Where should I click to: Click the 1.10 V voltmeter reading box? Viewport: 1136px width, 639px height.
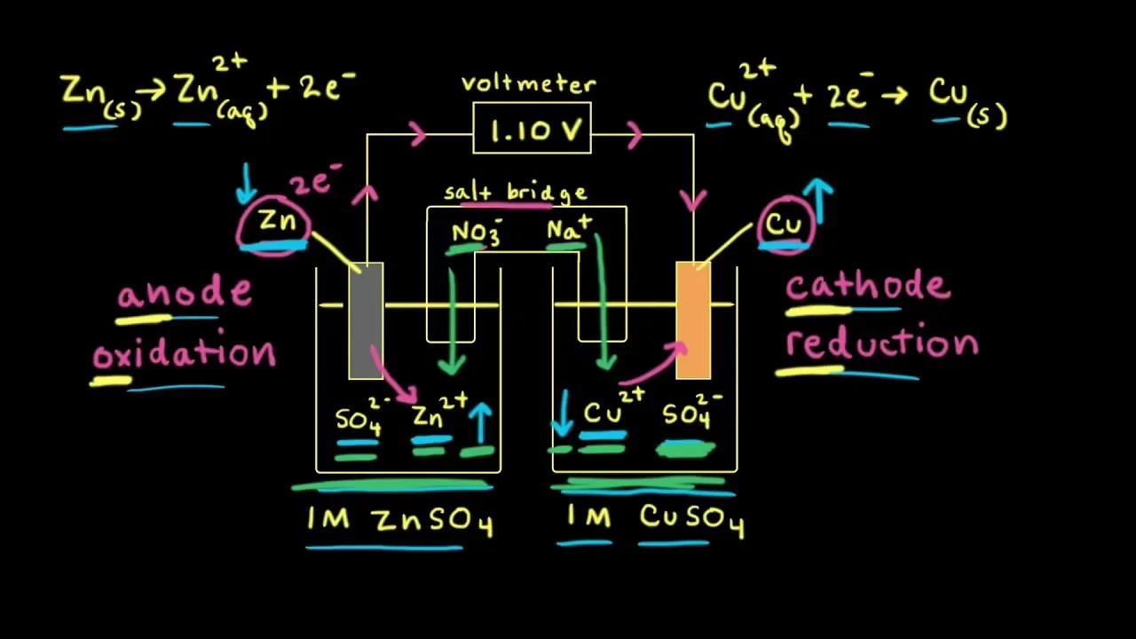pos(532,129)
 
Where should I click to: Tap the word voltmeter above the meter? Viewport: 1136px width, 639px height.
pos(528,85)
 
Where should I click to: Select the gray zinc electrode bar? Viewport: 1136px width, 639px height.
pos(366,319)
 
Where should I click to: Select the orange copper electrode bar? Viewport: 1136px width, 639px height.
pos(693,319)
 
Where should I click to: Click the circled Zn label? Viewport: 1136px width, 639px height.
pos(273,225)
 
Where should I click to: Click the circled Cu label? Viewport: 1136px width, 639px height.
pos(784,225)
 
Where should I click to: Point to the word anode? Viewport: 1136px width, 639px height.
pos(184,294)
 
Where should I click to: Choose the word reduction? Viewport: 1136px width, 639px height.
pos(881,343)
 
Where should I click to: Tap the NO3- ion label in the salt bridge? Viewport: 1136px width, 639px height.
pos(475,233)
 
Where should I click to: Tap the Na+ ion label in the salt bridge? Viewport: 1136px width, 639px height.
pos(568,230)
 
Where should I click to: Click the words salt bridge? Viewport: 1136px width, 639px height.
pos(515,193)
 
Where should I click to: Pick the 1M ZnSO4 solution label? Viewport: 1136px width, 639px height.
pos(399,521)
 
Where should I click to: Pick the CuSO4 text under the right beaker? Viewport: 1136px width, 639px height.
pos(691,518)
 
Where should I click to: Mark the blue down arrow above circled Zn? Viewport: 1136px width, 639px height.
pos(246,182)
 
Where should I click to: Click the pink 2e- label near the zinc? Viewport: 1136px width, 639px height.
pos(314,181)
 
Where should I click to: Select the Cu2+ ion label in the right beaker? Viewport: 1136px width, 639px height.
pos(613,412)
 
